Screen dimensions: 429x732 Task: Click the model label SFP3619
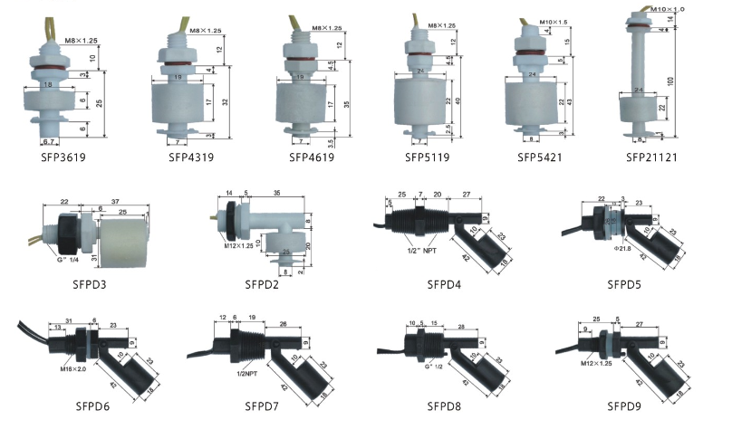click(x=52, y=157)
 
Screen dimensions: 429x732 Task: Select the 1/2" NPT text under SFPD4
click(x=427, y=251)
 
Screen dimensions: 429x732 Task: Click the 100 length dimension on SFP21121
click(x=696, y=81)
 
